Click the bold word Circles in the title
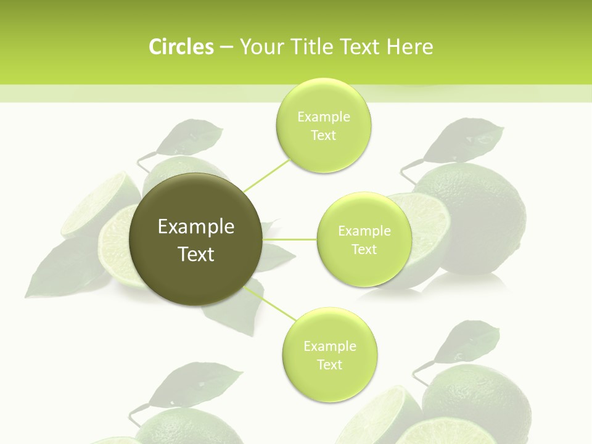[181, 47]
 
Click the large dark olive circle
[196, 239]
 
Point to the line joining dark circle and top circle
[266, 175]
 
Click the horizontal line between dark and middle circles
[290, 239]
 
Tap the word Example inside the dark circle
[196, 227]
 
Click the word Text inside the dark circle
[196, 254]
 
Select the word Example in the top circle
[324, 117]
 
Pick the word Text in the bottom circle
[329, 364]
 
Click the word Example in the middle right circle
[364, 231]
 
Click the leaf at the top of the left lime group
[190, 137]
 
